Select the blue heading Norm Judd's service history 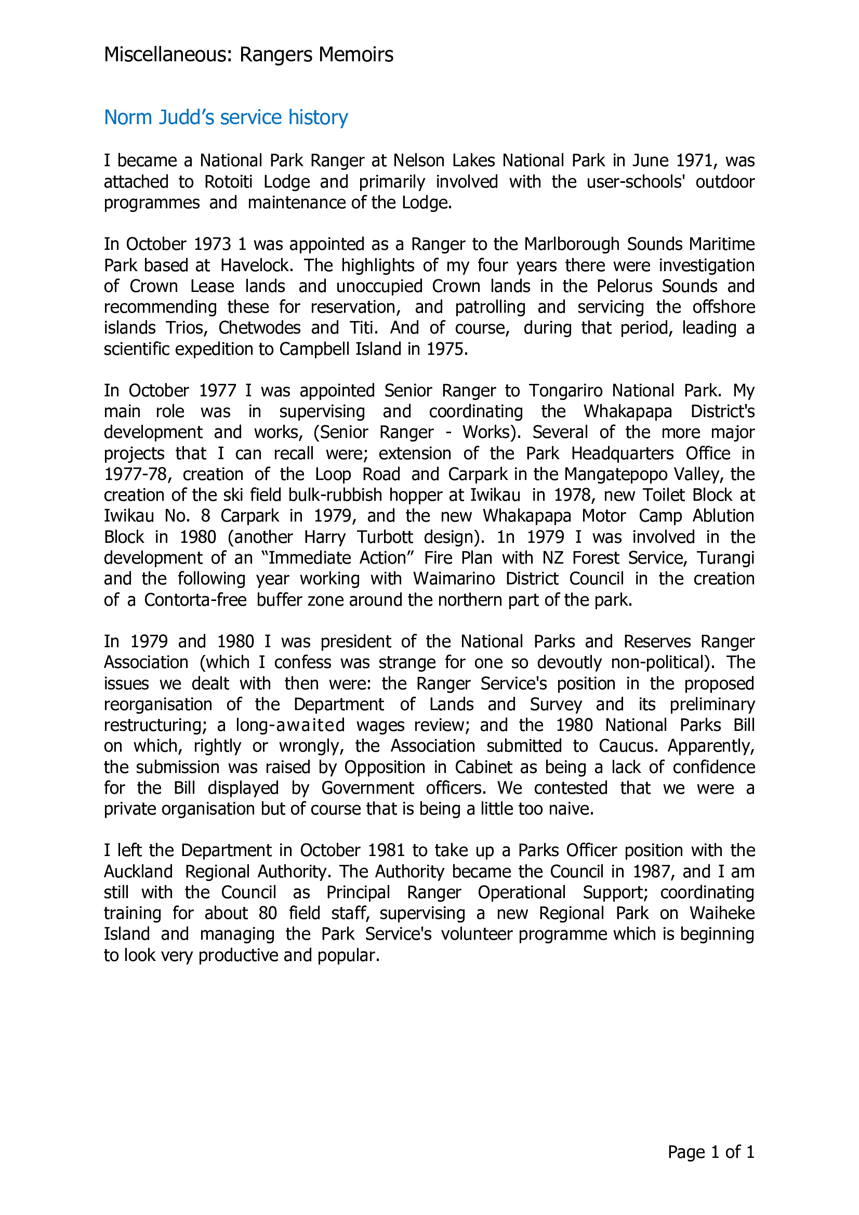click(x=226, y=117)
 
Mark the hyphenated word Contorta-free click(x=195, y=599)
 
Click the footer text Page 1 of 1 click(x=711, y=1152)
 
